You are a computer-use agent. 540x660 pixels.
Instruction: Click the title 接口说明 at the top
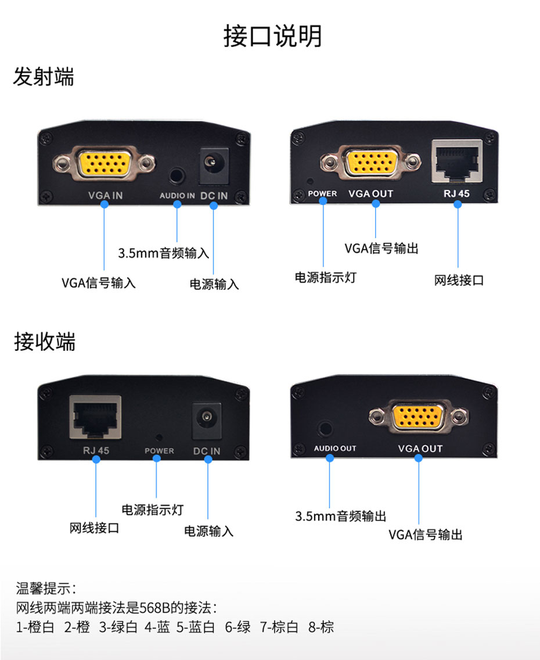pos(272,36)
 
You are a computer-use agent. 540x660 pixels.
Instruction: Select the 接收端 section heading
pos(45,342)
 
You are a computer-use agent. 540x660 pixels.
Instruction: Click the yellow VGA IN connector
pos(105,164)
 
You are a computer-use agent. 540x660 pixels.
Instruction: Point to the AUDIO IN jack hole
pos(178,175)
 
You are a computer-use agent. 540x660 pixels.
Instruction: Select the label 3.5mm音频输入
pos(163,253)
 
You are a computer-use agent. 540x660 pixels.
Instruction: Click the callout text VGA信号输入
pos(99,283)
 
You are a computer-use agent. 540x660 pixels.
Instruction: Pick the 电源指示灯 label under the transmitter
pos(325,277)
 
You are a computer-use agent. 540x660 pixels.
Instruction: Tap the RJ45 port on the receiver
pos(95,416)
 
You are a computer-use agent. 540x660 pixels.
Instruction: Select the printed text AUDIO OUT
pos(335,449)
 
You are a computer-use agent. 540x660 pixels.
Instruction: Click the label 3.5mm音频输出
pos(340,516)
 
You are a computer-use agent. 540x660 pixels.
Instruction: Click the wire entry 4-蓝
pos(157,627)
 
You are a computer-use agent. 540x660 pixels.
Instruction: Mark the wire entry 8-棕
pos(322,627)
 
